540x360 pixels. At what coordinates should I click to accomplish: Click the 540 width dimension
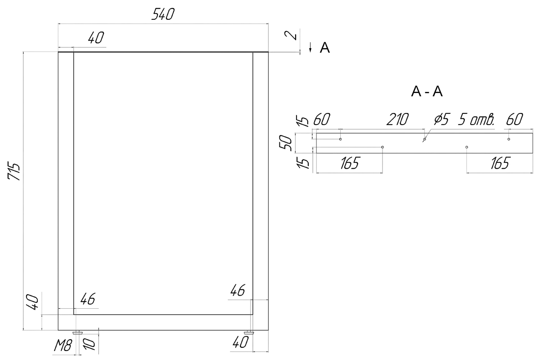[x=163, y=14]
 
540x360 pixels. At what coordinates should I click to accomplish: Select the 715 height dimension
[x=13, y=172]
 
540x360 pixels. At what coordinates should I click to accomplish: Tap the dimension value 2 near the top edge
[x=291, y=36]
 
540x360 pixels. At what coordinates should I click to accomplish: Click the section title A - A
[x=427, y=92]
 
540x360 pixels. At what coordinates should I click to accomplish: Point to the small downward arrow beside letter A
[x=310, y=47]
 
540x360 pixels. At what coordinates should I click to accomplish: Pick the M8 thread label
[x=63, y=346]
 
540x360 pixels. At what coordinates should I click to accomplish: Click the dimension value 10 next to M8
[x=89, y=344]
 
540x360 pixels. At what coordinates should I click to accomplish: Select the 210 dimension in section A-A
[x=397, y=119]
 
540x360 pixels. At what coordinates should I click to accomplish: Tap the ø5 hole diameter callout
[x=442, y=119]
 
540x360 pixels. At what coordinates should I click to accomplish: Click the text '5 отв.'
[x=476, y=119]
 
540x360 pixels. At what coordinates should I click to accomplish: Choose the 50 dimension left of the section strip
[x=285, y=143]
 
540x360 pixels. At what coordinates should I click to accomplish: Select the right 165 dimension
[x=500, y=163]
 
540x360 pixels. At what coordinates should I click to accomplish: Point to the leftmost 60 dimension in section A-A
[x=321, y=119]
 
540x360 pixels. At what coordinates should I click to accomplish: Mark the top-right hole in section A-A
[x=508, y=139]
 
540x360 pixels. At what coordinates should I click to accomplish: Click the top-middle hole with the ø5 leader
[x=424, y=139]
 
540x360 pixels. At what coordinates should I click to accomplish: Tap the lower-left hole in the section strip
[x=382, y=147]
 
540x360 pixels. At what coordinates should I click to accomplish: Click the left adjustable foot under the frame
[x=77, y=332]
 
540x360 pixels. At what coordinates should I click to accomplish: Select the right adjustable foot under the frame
[x=249, y=332]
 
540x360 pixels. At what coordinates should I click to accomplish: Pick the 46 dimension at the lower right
[x=238, y=290]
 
